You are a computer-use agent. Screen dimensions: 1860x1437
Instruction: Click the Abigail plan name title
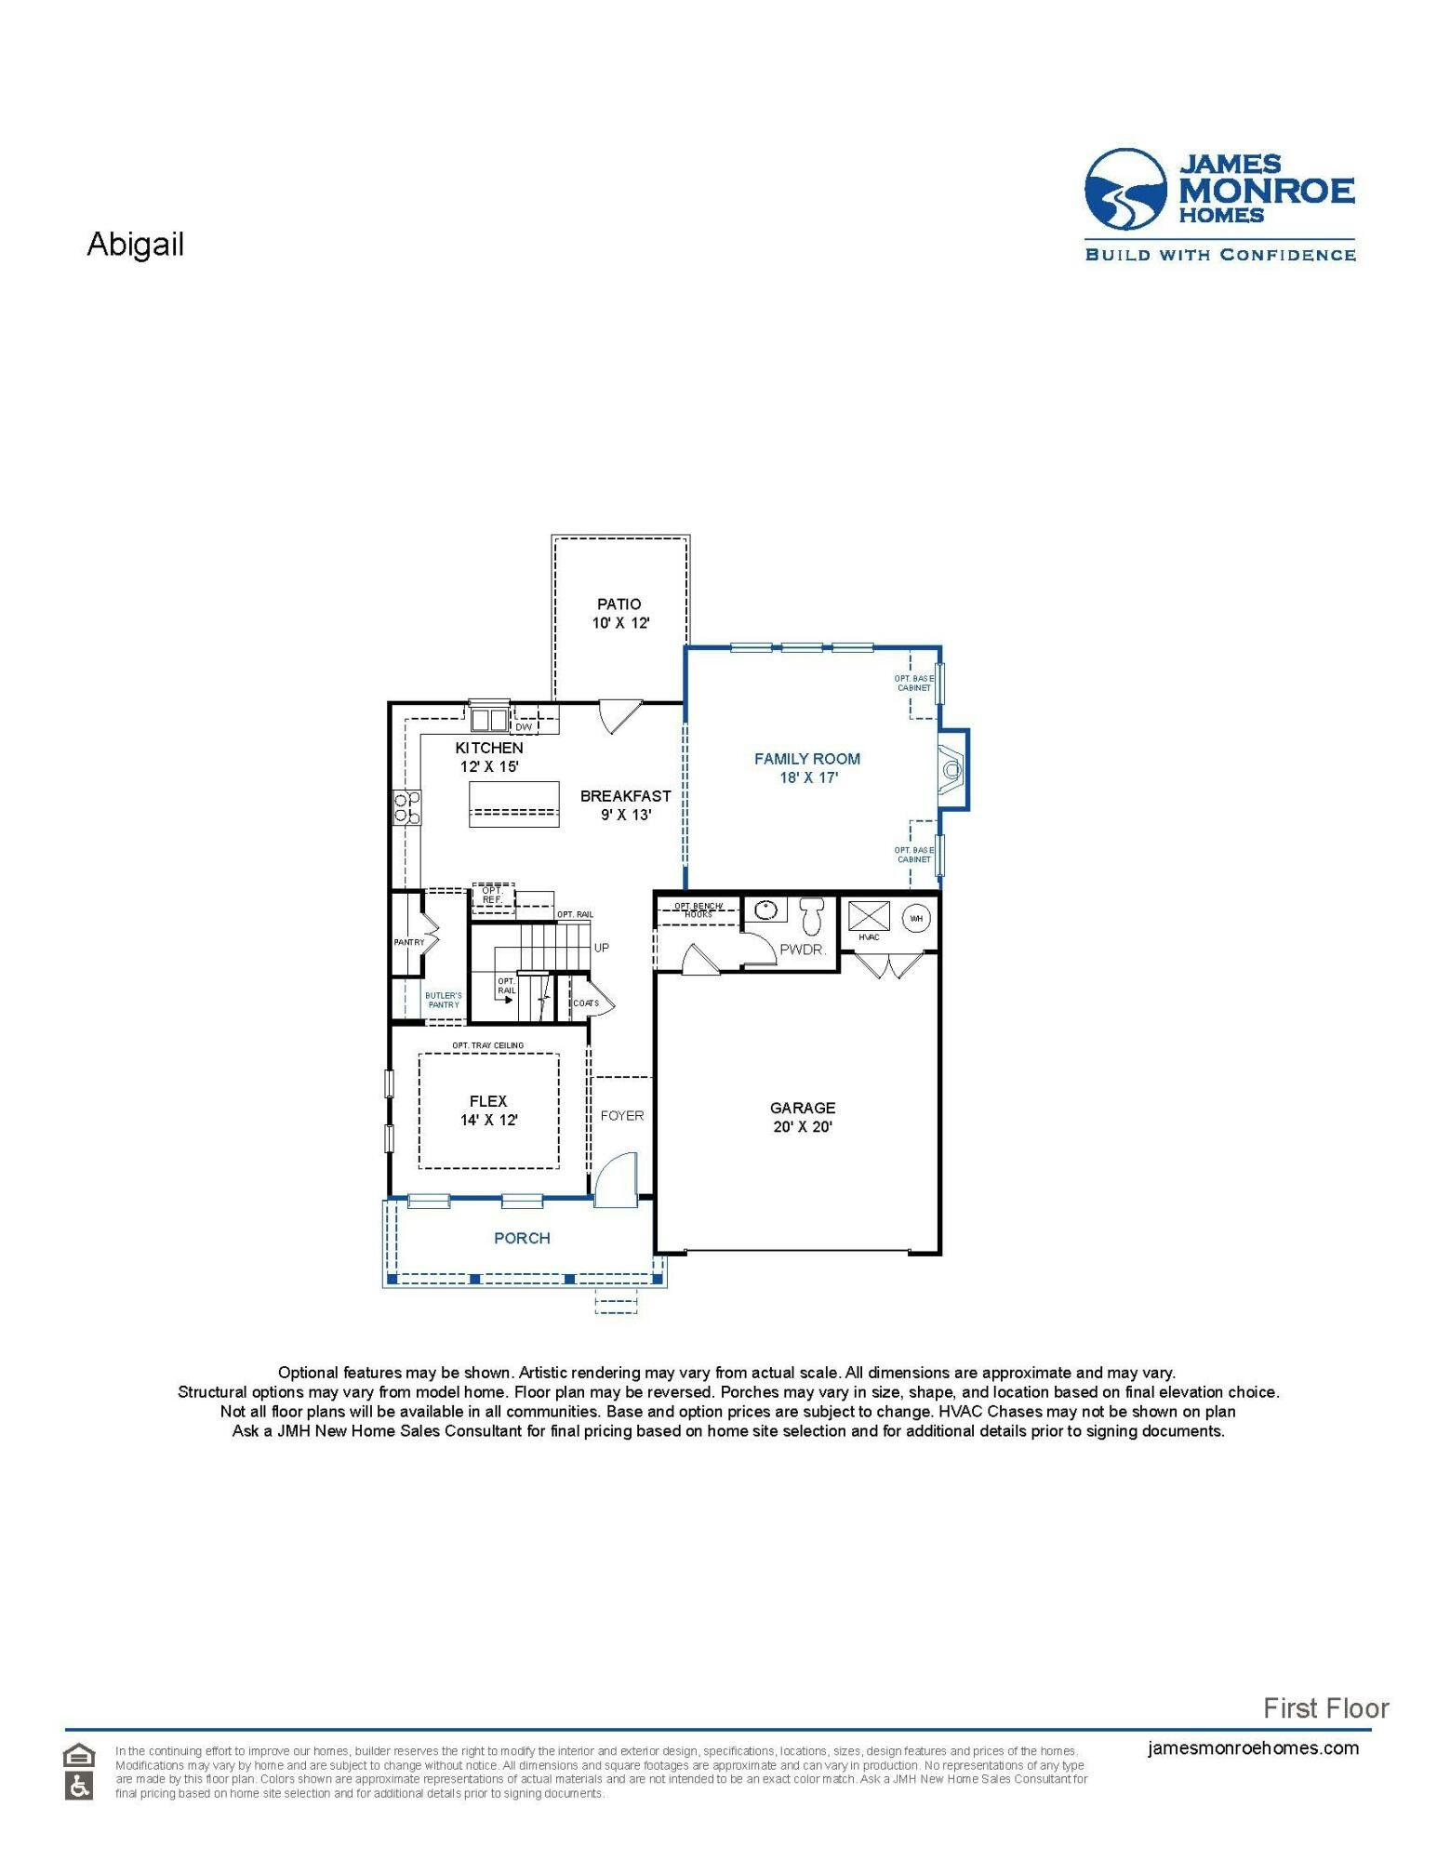click(135, 244)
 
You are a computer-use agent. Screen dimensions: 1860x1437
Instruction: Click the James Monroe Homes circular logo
click(1125, 190)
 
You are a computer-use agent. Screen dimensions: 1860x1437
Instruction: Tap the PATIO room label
click(619, 613)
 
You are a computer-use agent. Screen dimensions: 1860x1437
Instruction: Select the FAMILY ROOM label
click(807, 767)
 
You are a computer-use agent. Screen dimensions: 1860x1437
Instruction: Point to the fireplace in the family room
click(951, 770)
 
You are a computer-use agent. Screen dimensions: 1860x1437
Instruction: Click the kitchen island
click(513, 804)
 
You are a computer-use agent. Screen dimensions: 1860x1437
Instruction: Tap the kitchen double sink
click(488, 719)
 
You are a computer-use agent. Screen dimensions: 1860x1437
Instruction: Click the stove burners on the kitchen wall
click(406, 806)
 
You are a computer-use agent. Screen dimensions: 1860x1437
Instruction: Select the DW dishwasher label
click(524, 727)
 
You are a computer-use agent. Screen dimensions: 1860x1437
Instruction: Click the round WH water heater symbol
click(916, 918)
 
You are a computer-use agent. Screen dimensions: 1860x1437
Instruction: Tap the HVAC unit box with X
click(870, 915)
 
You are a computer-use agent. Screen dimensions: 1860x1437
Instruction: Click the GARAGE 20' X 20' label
click(802, 1117)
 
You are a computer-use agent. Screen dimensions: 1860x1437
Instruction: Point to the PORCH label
click(522, 1238)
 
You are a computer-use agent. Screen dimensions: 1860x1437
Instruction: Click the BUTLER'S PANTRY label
click(444, 1000)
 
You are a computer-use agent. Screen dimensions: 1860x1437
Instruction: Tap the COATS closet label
click(585, 1003)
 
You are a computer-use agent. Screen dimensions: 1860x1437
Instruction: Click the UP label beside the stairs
click(601, 948)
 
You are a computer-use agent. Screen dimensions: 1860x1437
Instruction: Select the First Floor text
click(1325, 1707)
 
